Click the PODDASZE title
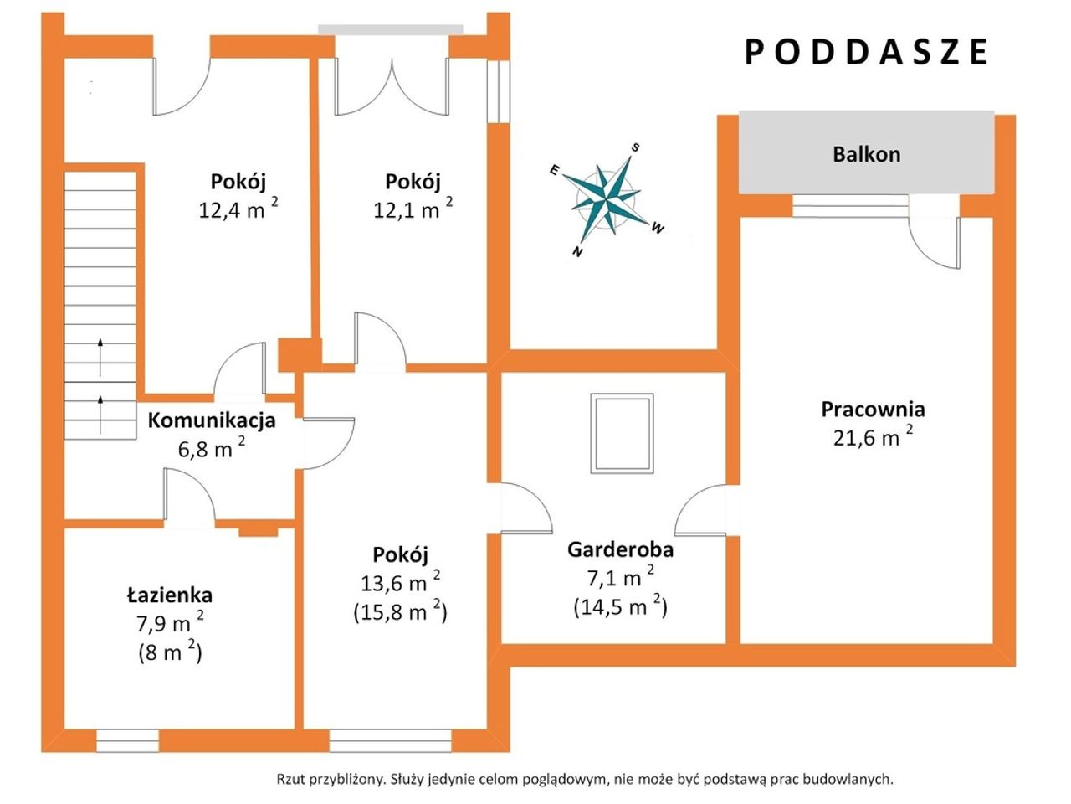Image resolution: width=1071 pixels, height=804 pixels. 867,52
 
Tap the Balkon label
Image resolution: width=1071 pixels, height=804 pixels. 867,154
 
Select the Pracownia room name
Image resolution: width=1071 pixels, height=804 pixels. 873,410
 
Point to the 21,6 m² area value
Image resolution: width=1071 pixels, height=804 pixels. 873,437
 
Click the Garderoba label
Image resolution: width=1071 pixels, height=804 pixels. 621,550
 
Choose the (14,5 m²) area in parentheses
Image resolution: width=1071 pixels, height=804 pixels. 620,607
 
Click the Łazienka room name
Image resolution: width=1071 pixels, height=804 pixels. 170,595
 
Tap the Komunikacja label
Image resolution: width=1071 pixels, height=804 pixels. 212,420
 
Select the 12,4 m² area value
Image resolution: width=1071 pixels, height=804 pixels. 238,209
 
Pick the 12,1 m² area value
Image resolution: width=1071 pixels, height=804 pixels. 413,209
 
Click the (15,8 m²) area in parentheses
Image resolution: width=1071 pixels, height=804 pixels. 400,611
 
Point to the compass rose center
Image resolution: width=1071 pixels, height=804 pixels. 607,199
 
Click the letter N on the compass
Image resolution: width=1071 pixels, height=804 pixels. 577,252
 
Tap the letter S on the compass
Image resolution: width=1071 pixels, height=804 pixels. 635,147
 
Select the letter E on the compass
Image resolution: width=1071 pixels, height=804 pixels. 554,170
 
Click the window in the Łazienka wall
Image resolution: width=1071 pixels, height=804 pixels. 127,741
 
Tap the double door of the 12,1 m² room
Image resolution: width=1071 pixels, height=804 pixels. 392,87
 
